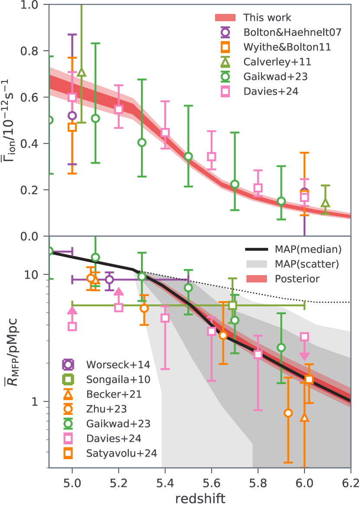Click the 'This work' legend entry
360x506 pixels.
[x=267, y=18]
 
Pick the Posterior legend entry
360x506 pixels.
[x=299, y=279]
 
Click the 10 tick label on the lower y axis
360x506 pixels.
[x=38, y=275]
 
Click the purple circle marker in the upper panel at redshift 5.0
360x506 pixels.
[x=72, y=115]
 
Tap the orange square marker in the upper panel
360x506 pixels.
[x=72, y=127]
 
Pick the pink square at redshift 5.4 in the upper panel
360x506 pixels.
[x=165, y=133]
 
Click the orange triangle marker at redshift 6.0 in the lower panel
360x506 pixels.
[x=304, y=417]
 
